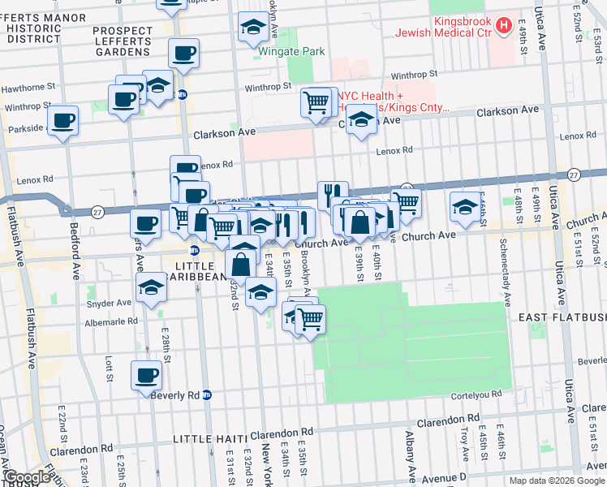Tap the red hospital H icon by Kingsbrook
tap(503, 25)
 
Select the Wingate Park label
tap(291, 52)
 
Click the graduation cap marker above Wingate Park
tap(253, 28)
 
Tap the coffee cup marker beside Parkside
tap(62, 122)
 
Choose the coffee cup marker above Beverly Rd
tap(147, 376)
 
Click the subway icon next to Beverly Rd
tap(207, 395)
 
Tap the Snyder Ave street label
tap(112, 303)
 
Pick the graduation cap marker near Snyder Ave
tap(151, 289)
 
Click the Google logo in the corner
tap(27, 477)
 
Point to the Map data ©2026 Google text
tap(556, 481)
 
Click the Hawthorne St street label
tap(28, 85)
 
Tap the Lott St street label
tap(108, 368)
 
